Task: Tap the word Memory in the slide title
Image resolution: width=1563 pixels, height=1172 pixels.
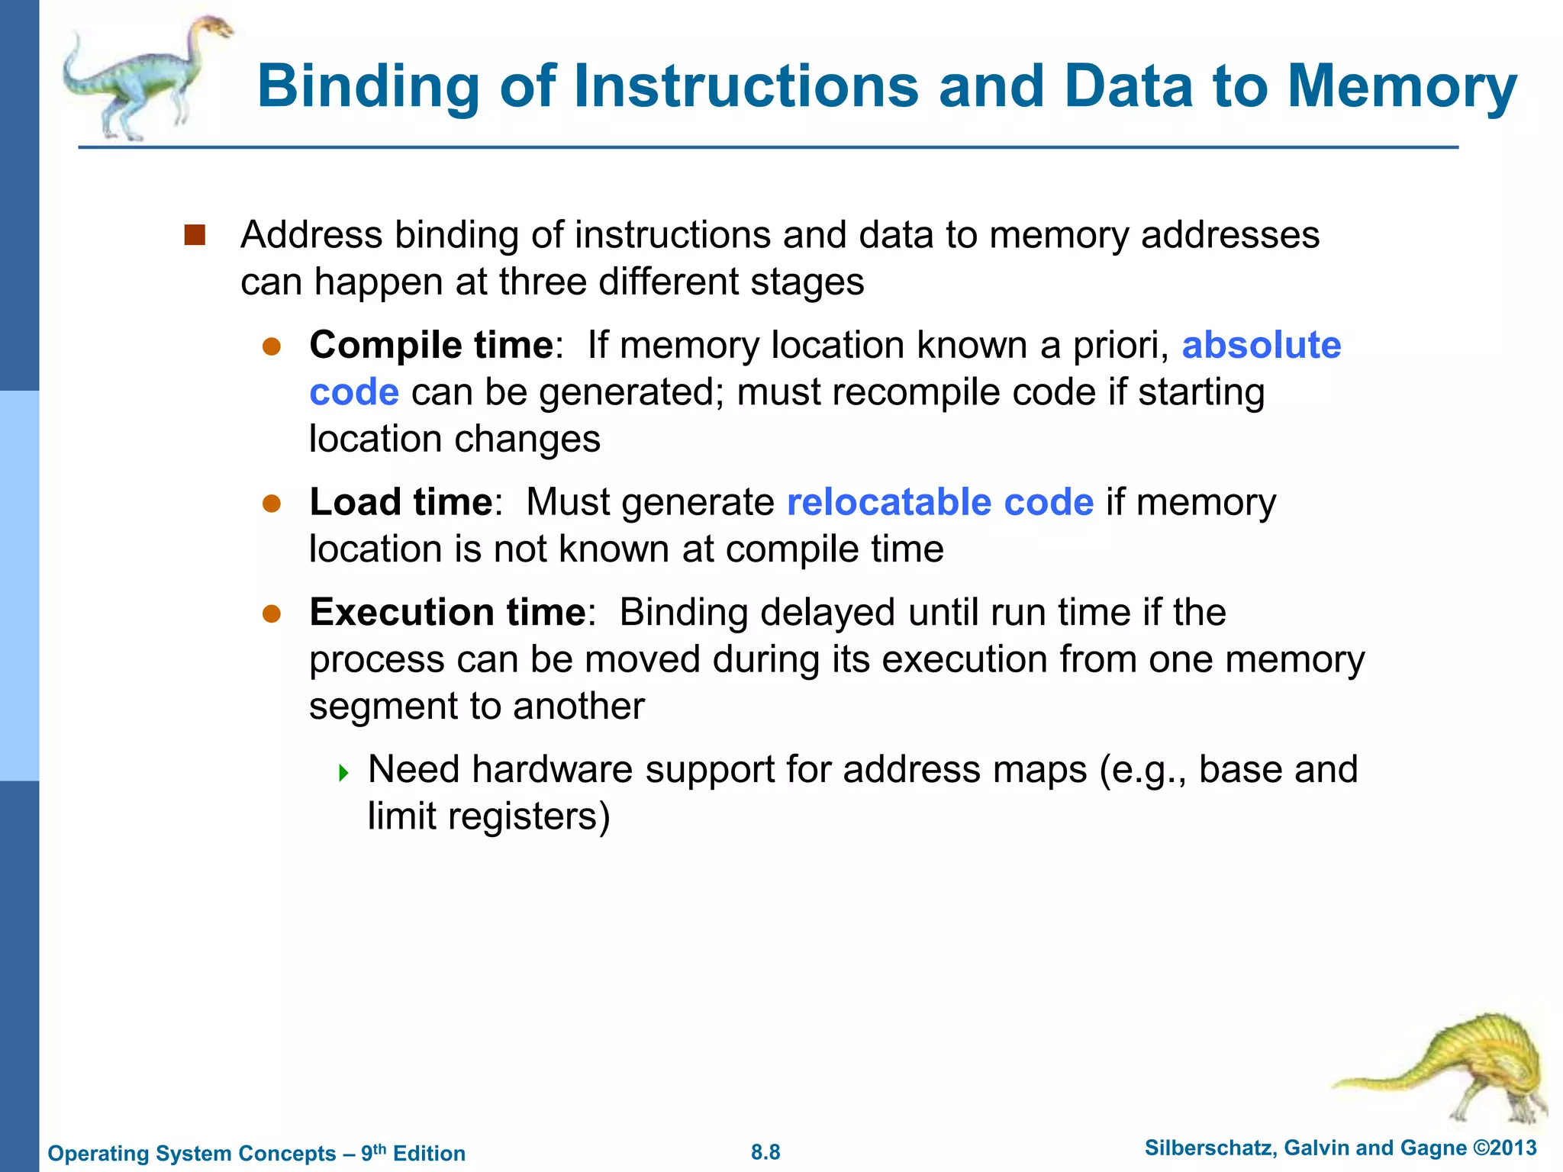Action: [1402, 86]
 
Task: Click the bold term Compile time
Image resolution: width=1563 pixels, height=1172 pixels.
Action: [430, 345]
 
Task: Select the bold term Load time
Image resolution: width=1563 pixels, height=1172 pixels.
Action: [401, 502]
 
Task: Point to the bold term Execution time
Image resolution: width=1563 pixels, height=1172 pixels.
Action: [447, 612]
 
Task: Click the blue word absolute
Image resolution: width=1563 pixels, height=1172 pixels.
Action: [1261, 345]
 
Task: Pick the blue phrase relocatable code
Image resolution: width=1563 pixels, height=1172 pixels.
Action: [939, 502]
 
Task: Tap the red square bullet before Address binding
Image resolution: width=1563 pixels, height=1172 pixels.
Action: [195, 235]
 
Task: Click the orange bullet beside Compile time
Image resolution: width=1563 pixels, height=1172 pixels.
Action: [272, 347]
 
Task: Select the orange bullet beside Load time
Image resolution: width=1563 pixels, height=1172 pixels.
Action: [272, 504]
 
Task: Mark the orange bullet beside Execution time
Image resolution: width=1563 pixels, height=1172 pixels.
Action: [272, 613]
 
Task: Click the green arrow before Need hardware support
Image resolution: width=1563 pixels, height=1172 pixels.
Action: [343, 773]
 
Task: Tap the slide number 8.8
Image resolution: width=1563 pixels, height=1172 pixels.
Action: [765, 1152]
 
